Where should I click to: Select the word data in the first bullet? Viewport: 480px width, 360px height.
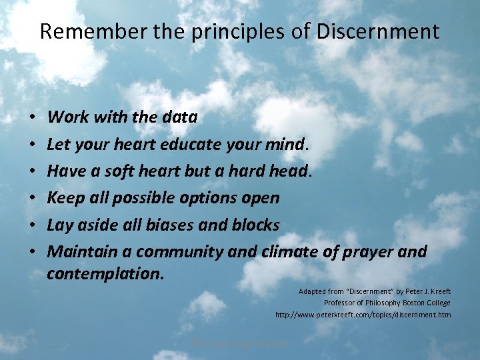tap(179, 117)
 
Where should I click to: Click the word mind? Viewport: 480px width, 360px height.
tap(285, 144)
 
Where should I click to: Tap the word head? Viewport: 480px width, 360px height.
tap(288, 171)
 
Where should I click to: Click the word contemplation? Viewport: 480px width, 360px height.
tap(105, 273)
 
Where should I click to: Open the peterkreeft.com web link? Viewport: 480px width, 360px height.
tap(363, 315)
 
